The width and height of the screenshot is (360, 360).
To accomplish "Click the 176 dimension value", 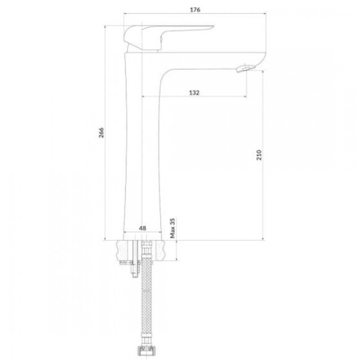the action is click(x=195, y=9).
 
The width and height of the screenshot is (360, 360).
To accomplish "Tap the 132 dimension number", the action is click(x=194, y=93).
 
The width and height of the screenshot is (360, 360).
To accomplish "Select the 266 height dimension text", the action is click(x=101, y=133).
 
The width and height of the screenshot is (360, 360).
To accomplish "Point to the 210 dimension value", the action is click(x=259, y=155).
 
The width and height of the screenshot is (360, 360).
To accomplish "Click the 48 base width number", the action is click(x=143, y=228).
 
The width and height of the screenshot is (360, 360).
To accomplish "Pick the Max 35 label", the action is click(x=173, y=228).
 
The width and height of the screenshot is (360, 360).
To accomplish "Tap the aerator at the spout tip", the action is click(x=246, y=68).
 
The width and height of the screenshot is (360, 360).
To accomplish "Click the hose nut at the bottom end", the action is click(x=147, y=351).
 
